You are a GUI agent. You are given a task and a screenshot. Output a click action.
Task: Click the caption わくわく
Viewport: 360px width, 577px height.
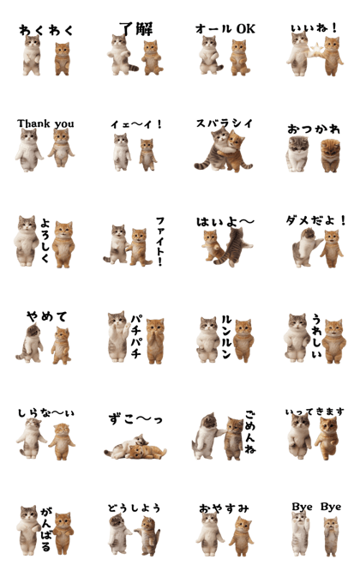tap(46, 30)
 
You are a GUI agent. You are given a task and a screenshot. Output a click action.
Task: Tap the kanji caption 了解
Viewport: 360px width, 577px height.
tap(136, 28)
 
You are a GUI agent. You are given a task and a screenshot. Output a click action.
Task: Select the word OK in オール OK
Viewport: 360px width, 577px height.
tap(246, 28)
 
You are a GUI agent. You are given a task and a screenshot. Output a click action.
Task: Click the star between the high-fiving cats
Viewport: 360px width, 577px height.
tap(316, 50)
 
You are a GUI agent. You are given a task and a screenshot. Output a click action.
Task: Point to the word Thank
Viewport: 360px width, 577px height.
tap(33, 123)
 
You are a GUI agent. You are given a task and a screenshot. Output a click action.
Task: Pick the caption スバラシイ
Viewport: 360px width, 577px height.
tap(225, 123)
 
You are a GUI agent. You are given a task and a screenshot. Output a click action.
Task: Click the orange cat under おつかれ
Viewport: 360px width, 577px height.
tap(330, 155)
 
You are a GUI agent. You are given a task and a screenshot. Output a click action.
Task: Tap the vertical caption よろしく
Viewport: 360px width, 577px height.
tap(45, 240)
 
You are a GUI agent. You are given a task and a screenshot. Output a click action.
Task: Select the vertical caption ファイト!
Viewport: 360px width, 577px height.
tap(160, 241)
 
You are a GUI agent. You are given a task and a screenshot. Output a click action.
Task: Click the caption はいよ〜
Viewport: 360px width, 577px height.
tap(225, 221)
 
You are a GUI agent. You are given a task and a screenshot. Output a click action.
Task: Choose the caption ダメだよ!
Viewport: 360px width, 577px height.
tap(316, 220)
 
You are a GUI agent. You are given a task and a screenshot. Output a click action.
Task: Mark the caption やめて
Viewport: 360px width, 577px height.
tap(47, 316)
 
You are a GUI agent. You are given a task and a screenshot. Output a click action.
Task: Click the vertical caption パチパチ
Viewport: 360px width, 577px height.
tap(135, 336)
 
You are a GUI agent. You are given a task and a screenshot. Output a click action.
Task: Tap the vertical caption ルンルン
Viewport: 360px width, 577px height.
tap(226, 337)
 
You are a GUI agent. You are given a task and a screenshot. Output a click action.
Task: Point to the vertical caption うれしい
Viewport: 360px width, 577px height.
tap(316, 335)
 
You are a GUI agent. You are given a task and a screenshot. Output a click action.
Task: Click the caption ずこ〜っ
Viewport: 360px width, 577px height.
tap(135, 418)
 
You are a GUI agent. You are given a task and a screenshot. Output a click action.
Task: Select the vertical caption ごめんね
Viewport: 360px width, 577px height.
tap(250, 431)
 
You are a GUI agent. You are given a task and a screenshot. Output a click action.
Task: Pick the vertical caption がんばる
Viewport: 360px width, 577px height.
tap(46, 529)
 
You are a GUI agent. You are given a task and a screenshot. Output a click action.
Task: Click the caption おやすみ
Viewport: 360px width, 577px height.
tap(224, 508)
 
